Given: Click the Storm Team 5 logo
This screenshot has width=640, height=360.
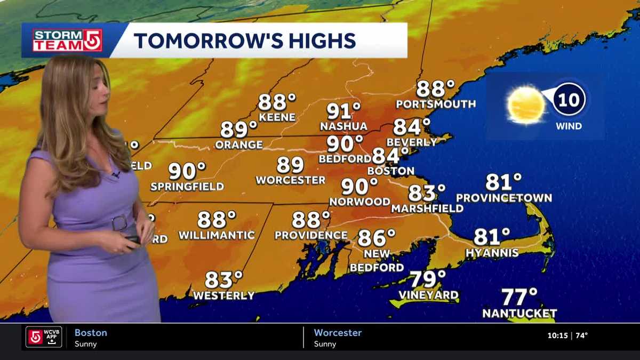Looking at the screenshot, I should click(x=67, y=40).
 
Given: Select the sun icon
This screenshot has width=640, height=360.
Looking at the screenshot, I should click(x=526, y=105).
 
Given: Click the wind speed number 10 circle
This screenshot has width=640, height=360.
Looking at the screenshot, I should click(x=569, y=100).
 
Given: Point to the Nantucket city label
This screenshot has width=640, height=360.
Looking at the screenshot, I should click(x=519, y=314).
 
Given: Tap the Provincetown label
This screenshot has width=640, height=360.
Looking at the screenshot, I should click(x=504, y=198).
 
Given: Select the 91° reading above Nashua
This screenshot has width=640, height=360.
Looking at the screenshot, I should click(x=343, y=111).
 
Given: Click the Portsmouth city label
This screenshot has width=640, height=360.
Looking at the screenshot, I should click(x=436, y=104).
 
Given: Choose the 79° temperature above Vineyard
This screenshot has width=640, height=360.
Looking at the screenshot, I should click(x=428, y=279).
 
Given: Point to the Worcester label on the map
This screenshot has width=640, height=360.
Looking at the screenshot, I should click(x=290, y=180).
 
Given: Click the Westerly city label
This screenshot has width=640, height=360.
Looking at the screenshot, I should click(x=223, y=295).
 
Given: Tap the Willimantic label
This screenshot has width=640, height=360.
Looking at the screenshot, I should click(x=217, y=235).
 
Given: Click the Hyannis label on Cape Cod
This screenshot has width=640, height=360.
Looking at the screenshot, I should click(x=492, y=253).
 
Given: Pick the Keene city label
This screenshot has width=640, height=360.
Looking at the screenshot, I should click(x=277, y=117).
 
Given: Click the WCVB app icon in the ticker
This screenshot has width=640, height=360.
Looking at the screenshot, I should click(x=44, y=337).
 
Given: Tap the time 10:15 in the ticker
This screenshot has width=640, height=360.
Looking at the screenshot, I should click(x=557, y=336).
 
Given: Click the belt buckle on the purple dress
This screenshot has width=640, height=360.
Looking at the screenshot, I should click(x=121, y=221).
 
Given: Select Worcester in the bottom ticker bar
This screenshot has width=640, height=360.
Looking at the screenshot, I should click(x=338, y=333).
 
